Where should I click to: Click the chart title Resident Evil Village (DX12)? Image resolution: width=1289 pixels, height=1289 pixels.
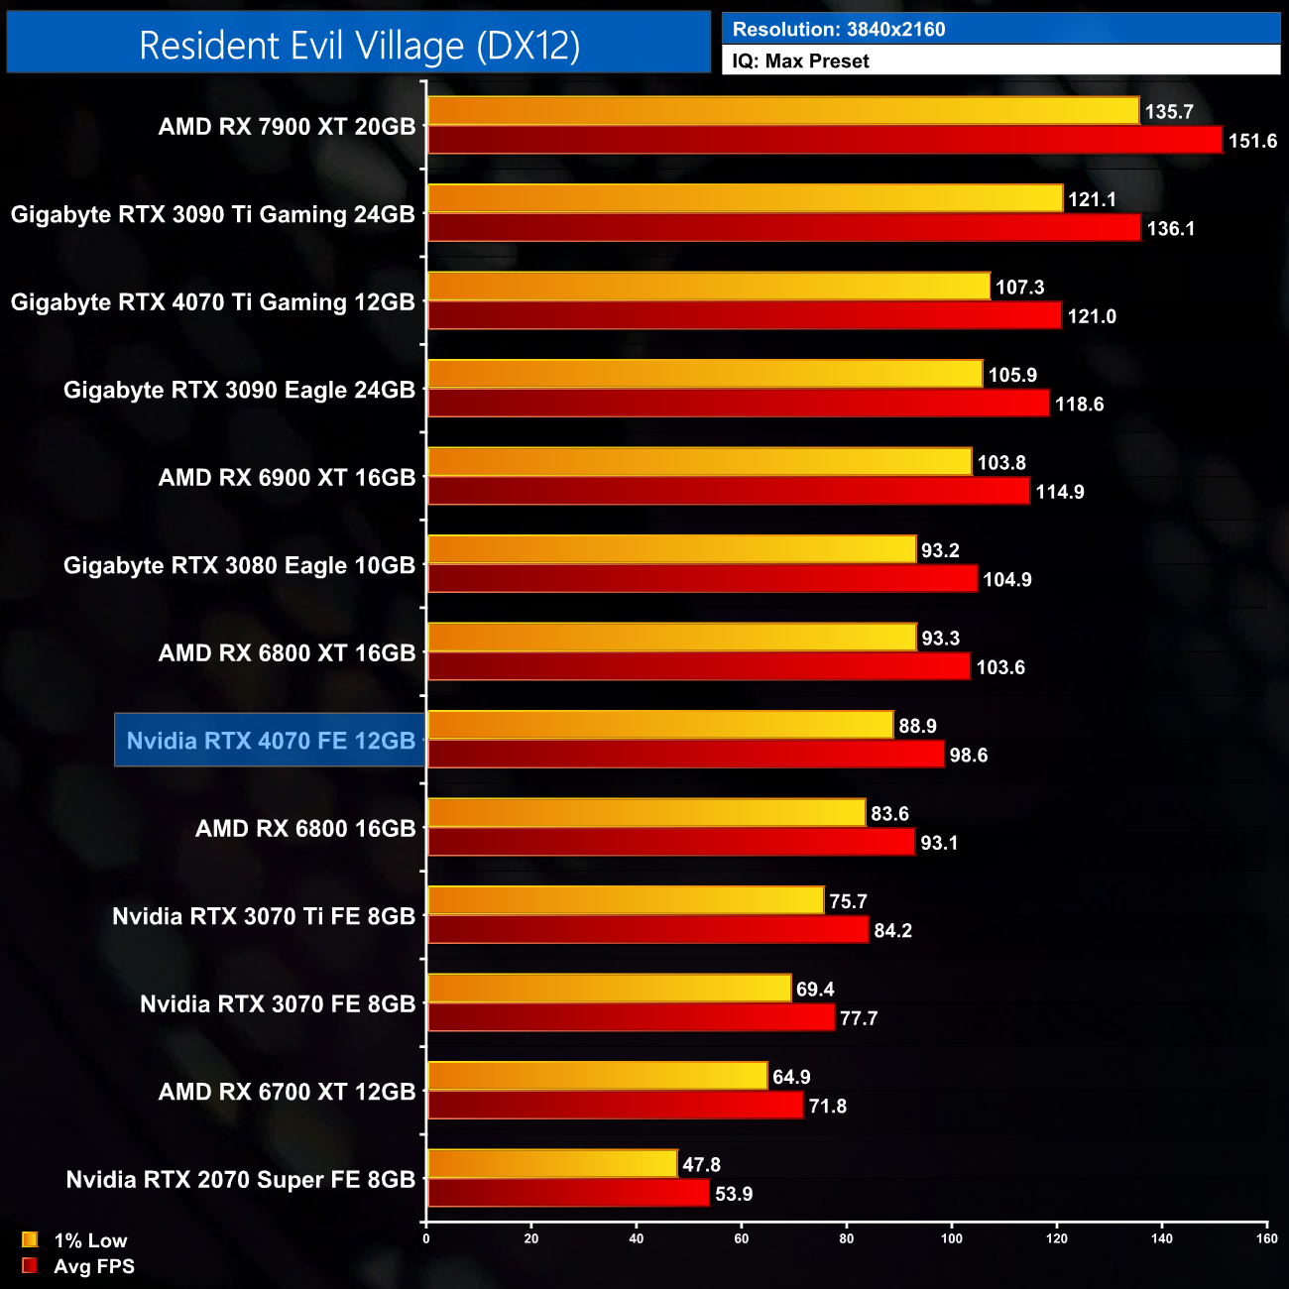click(359, 46)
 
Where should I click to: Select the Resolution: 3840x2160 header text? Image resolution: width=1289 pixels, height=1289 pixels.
click(838, 29)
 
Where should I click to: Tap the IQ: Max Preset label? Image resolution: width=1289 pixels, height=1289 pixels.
click(800, 61)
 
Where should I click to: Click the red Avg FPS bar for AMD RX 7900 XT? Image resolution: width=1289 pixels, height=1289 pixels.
click(824, 141)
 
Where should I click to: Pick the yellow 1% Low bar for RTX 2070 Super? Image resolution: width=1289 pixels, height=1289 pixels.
click(552, 1164)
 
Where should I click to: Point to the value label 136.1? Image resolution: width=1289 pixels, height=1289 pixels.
click(1170, 229)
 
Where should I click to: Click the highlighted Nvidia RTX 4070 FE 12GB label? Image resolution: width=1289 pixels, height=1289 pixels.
click(271, 741)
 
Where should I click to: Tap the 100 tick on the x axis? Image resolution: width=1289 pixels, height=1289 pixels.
click(952, 1238)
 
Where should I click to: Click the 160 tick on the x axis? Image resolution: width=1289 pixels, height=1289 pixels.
click(1266, 1238)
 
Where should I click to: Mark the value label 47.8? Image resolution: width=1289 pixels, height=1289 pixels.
click(701, 1165)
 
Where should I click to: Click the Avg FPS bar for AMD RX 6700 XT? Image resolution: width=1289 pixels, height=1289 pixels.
click(615, 1106)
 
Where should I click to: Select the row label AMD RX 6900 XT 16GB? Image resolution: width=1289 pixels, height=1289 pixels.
click(287, 478)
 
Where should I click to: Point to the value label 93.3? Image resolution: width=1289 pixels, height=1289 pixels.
click(940, 639)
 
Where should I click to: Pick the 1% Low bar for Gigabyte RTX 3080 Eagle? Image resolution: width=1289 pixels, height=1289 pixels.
click(671, 549)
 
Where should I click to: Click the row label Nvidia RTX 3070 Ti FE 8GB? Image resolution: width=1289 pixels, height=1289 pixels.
click(264, 916)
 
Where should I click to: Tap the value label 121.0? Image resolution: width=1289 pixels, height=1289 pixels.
click(1091, 317)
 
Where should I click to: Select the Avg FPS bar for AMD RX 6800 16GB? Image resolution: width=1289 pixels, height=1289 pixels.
click(670, 843)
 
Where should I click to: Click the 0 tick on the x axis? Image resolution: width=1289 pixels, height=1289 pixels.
click(426, 1238)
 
